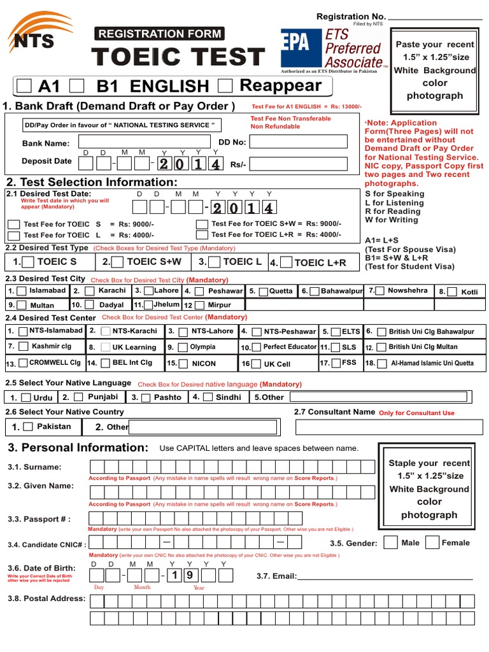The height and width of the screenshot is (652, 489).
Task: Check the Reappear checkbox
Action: coord(225,85)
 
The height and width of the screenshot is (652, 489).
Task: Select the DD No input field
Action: coord(298,142)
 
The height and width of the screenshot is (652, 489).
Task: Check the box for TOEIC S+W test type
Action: coord(118,262)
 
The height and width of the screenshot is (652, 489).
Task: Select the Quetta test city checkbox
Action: coord(262,292)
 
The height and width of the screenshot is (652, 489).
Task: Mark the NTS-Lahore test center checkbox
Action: coord(183,332)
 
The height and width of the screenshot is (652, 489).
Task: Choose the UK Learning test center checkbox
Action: coord(102,348)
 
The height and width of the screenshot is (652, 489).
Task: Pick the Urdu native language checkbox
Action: coord(26,397)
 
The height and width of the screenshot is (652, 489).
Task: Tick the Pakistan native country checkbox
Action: coord(27,427)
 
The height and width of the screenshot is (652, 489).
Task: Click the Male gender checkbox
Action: coord(391,542)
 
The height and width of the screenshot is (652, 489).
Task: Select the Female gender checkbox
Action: coord(432,542)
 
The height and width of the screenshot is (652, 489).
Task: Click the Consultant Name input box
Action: coord(384,427)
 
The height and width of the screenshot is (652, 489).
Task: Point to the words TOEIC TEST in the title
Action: coord(178,57)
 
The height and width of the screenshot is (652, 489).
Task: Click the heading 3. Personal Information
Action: coord(78,448)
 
